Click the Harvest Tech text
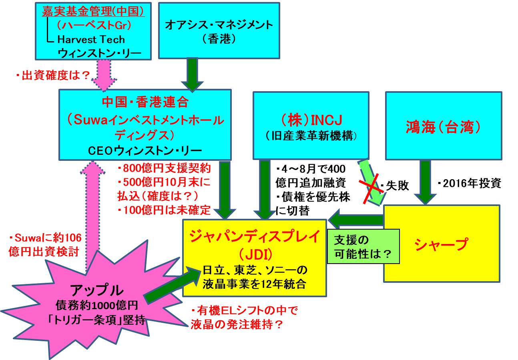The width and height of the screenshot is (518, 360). (91, 39)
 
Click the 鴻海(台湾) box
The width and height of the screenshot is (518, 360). (443, 126)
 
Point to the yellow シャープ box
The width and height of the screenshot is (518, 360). (442, 244)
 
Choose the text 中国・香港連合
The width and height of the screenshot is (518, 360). (145, 102)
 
